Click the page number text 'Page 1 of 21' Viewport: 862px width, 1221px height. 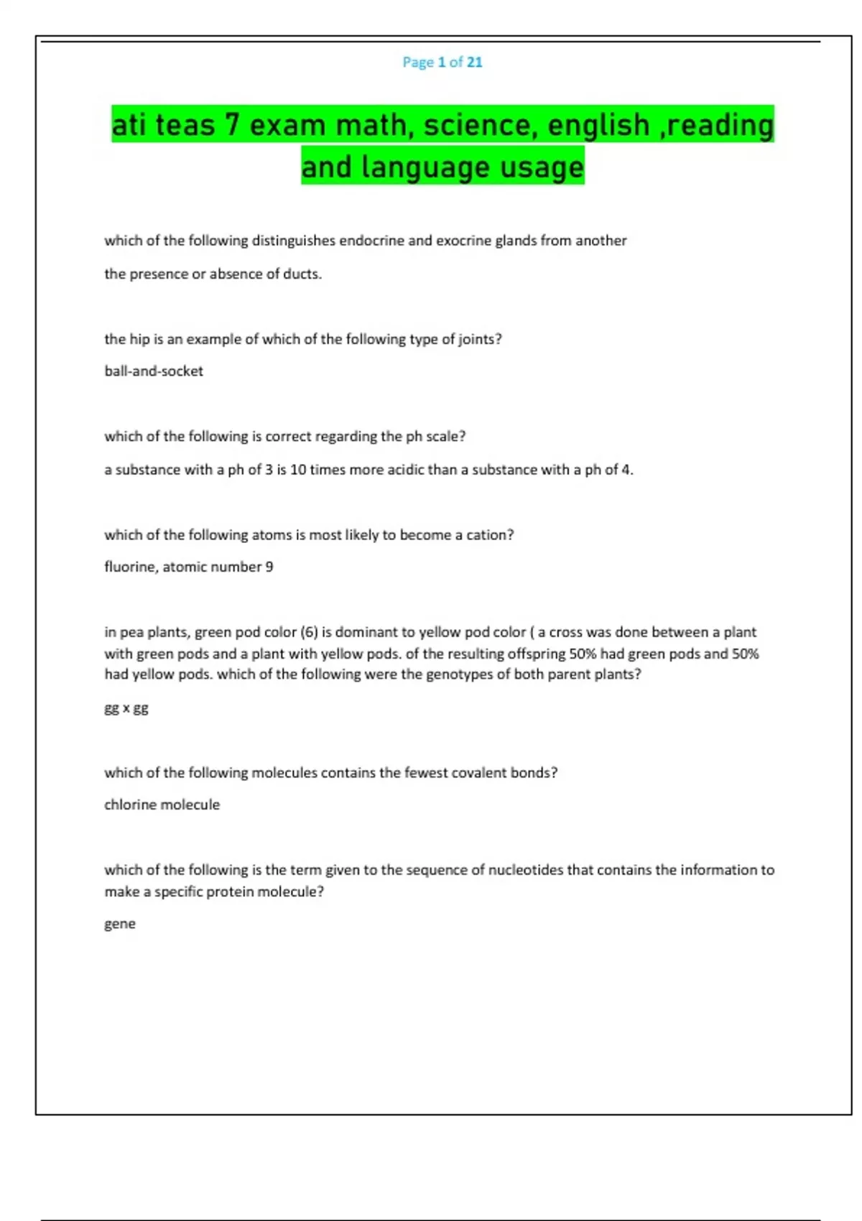click(x=442, y=62)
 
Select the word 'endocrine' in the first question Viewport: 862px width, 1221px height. click(x=371, y=241)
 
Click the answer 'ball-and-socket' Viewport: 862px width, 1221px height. click(x=154, y=371)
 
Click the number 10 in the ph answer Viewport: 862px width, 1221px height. click(x=298, y=470)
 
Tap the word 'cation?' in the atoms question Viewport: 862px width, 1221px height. click(x=490, y=535)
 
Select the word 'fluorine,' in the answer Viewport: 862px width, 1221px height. click(x=131, y=567)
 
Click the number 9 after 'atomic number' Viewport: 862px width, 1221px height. click(x=269, y=567)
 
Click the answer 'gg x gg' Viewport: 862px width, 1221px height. click(x=126, y=708)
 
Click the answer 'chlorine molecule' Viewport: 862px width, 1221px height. click(x=162, y=804)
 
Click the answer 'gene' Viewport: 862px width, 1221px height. click(x=120, y=924)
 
